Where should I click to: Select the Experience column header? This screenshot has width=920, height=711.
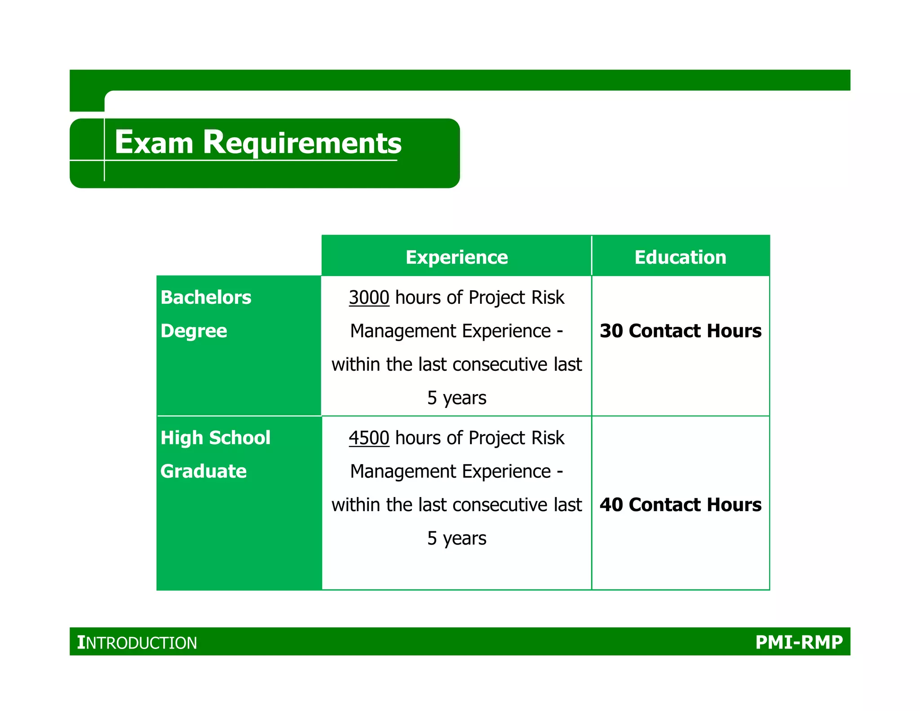point(456,257)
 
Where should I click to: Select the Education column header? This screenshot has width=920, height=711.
point(680,257)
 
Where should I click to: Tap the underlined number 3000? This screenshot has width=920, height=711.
point(369,298)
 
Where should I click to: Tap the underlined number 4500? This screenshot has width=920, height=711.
point(369,438)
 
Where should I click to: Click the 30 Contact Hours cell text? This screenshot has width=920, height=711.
point(680,331)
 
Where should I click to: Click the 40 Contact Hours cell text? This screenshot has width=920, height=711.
point(680,505)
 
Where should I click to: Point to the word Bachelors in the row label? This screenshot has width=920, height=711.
point(206,298)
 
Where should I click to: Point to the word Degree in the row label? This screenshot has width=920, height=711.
point(194,331)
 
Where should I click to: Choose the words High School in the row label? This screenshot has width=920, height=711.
point(215,438)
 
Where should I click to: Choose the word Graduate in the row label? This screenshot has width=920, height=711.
point(203,471)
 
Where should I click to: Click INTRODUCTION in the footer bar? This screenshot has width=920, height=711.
point(137,642)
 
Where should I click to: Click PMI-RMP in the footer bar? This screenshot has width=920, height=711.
point(799,642)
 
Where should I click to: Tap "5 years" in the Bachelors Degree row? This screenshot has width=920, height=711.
point(456,398)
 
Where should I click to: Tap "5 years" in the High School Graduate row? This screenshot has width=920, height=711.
point(456,538)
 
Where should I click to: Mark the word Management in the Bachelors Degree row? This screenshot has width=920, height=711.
point(403,331)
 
